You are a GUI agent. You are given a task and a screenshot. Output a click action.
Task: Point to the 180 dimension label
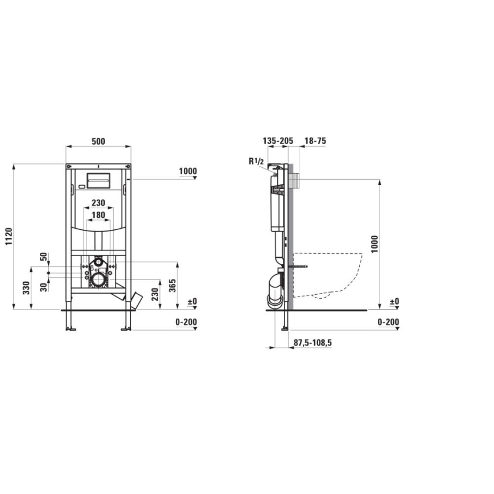pyautogui.click(x=98, y=214)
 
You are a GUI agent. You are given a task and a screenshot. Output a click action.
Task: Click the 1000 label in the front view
pyautogui.click(x=187, y=171)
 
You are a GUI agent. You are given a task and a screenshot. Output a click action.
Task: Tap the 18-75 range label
pyautogui.click(x=315, y=141)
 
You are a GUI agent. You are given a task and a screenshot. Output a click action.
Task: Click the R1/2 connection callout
pyautogui.click(x=256, y=162)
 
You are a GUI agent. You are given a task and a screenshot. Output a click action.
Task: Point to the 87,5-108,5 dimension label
pyautogui.click(x=312, y=343)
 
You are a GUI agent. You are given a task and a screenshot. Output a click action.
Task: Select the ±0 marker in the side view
pyautogui.click(x=394, y=301)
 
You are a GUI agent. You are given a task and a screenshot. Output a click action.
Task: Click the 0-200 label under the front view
pyautogui.click(x=186, y=322)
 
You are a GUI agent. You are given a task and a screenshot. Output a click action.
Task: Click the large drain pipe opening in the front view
pyautogui.click(x=100, y=279)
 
